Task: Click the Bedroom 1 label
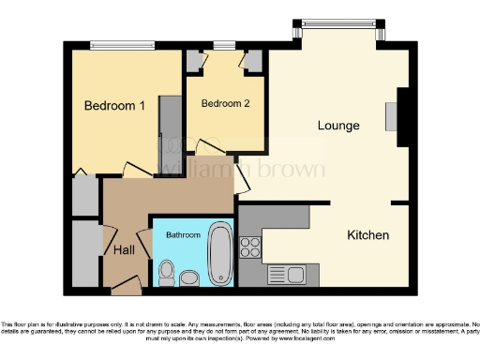(114, 106)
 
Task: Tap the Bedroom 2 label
(225, 103)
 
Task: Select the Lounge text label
(338, 125)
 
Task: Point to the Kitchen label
(367, 234)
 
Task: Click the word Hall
(124, 250)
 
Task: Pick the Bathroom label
(184, 234)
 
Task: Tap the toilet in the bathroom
(166, 273)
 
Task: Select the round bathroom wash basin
(189, 277)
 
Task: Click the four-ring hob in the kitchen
(250, 247)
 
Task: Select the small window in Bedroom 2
(224, 44)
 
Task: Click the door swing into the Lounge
(242, 175)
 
